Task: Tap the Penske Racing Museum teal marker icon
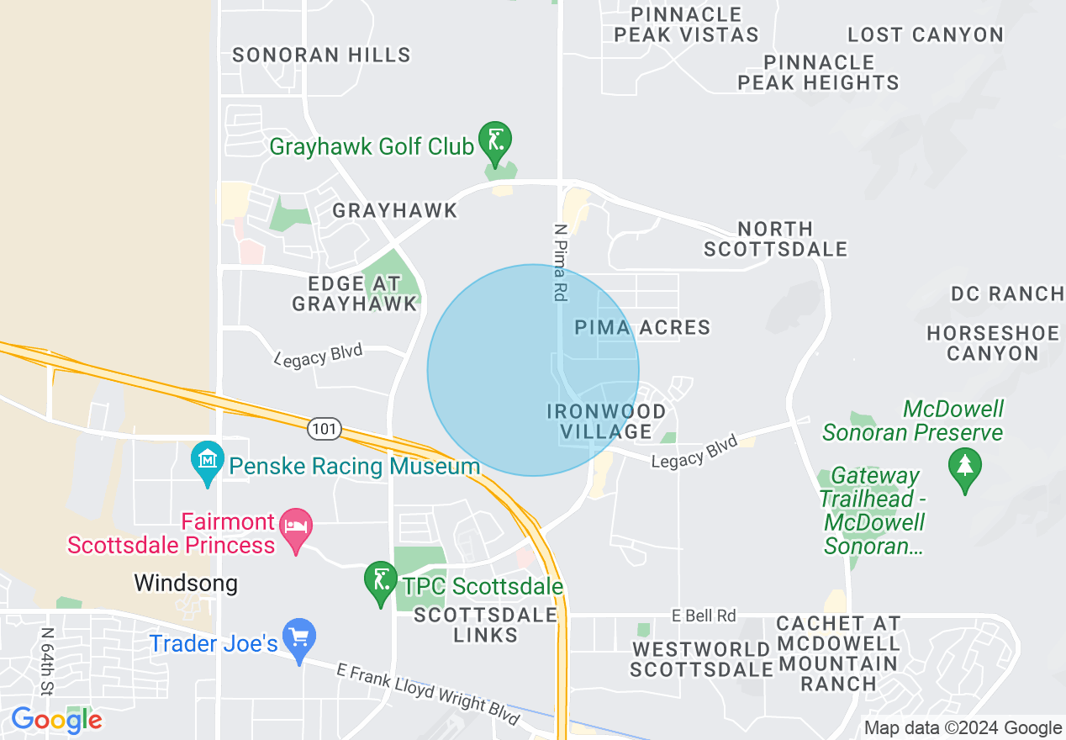pyautogui.click(x=207, y=461)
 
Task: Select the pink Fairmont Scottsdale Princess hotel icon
pyautogui.click(x=295, y=527)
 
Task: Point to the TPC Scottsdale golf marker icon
pyautogui.click(x=380, y=580)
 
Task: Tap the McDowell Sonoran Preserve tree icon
pyautogui.click(x=964, y=467)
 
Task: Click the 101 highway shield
pyautogui.click(x=325, y=430)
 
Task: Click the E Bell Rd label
pyautogui.click(x=704, y=616)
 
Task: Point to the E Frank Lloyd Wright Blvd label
pyautogui.click(x=428, y=694)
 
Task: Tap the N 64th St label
pyautogui.click(x=47, y=662)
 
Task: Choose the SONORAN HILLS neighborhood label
pyautogui.click(x=321, y=55)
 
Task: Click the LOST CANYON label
pyautogui.click(x=925, y=35)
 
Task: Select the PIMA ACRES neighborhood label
pyautogui.click(x=642, y=327)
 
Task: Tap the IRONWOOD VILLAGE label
pyautogui.click(x=606, y=421)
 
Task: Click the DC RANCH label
pyautogui.click(x=1006, y=293)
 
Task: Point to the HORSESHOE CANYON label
pyautogui.click(x=993, y=343)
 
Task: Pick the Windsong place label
pyautogui.click(x=186, y=583)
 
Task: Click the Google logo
pyautogui.click(x=56, y=720)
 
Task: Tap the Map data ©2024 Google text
pyautogui.click(x=963, y=728)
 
